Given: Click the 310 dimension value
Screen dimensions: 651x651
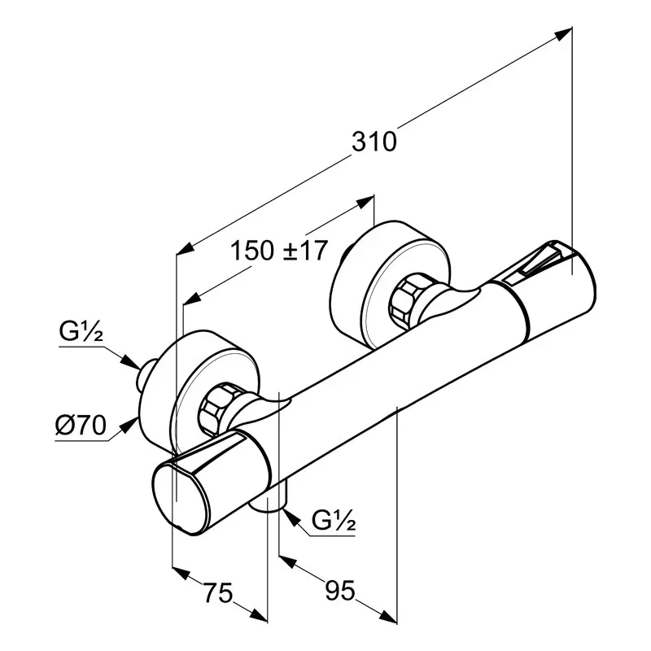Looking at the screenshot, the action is click(x=374, y=142).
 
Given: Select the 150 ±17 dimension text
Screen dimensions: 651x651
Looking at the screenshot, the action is click(x=279, y=251).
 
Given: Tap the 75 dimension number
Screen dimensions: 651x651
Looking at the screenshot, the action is click(x=218, y=592).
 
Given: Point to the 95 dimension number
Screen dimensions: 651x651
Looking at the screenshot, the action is click(x=340, y=590).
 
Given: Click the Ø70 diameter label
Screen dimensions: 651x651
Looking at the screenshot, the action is click(x=81, y=425).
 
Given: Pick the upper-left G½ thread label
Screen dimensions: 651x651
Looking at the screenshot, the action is click(x=81, y=331).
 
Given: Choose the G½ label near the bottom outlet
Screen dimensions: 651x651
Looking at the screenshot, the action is click(x=334, y=521).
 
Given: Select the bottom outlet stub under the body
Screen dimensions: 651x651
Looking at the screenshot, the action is click(x=269, y=500).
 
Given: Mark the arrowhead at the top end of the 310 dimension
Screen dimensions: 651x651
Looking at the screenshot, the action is click(x=563, y=33).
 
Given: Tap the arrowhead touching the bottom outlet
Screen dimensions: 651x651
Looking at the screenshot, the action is click(x=291, y=517).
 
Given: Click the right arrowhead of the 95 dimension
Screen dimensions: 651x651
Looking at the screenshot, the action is click(x=389, y=617).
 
